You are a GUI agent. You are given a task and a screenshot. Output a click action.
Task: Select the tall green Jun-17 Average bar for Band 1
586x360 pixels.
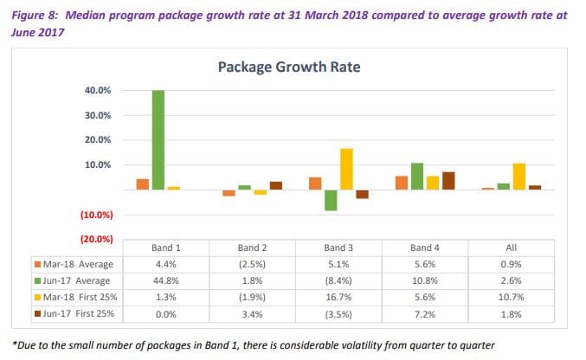[x=157, y=139]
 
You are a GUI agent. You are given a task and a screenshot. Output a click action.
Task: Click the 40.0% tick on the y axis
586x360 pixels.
[x=97, y=91]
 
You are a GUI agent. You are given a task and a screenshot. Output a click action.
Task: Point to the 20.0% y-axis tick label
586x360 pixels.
[x=97, y=140]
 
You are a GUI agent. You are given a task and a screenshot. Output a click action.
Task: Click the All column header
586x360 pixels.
[x=511, y=247]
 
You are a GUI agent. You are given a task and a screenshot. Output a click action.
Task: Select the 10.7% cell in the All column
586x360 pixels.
[x=511, y=297]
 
